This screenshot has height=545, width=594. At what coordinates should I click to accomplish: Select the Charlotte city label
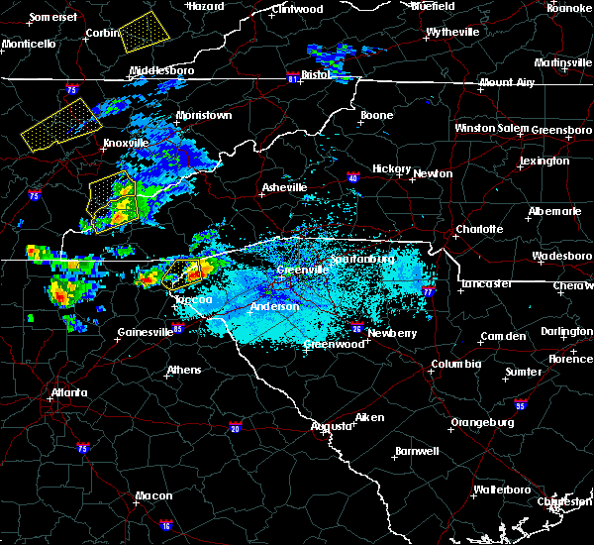click(x=479, y=229)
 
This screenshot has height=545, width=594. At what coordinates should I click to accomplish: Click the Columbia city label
click(x=455, y=365)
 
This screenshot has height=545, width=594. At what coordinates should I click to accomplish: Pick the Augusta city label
click(x=332, y=426)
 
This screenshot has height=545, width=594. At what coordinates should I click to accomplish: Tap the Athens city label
click(x=183, y=371)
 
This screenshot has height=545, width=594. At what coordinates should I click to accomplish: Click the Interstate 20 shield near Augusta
click(x=235, y=428)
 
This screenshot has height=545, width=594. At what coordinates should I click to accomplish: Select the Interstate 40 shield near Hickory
click(x=353, y=178)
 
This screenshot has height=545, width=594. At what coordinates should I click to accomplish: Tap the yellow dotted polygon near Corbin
click(x=144, y=33)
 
